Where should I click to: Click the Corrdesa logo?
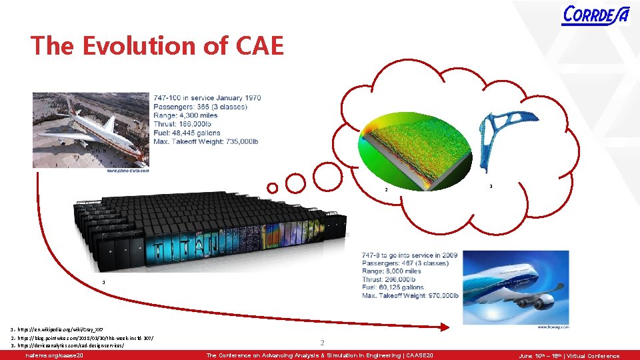point(595,15)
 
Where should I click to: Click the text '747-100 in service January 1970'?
point(207,98)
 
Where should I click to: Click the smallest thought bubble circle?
point(271,188)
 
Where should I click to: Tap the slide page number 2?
point(321,343)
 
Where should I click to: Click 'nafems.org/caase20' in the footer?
point(53,356)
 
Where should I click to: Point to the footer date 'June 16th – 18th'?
point(541,356)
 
